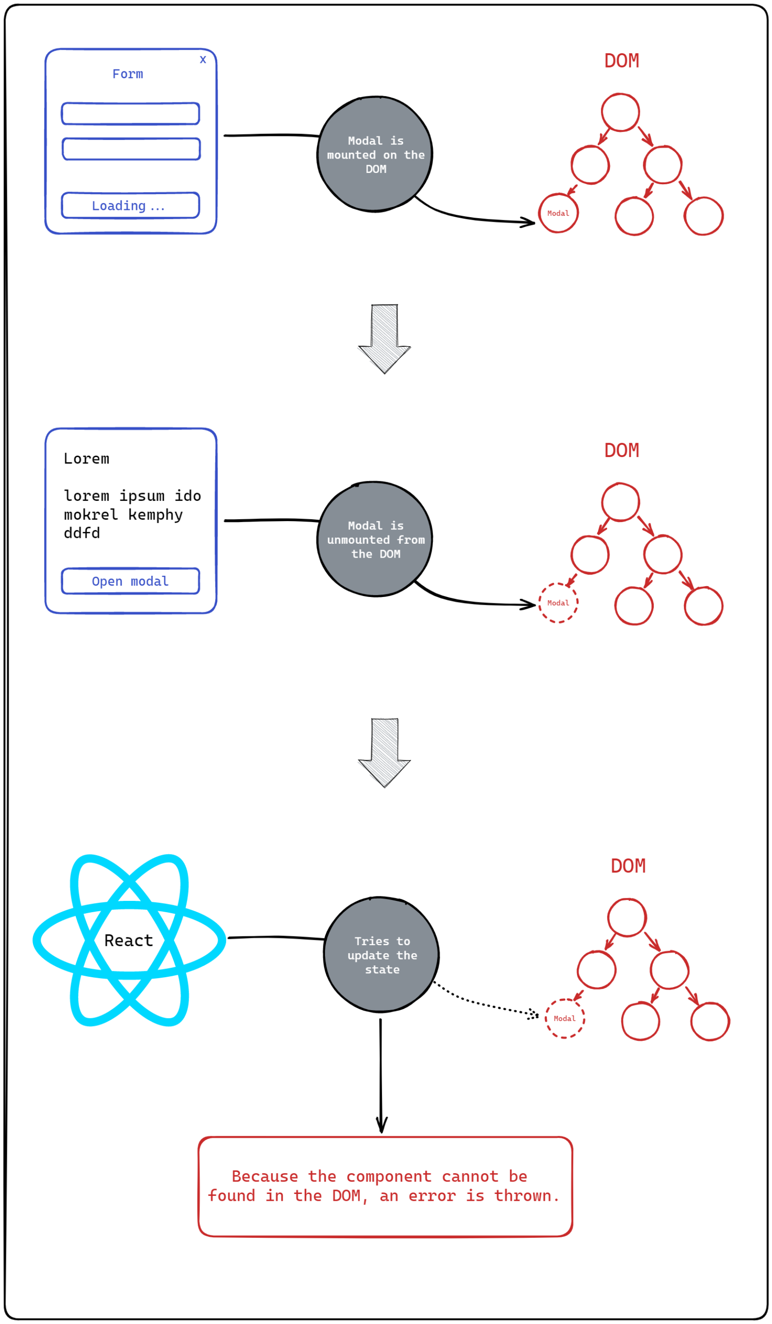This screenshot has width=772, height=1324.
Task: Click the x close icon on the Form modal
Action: coord(203,60)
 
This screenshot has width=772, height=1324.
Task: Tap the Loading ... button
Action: coord(130,205)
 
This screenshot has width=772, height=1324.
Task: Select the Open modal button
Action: coord(130,581)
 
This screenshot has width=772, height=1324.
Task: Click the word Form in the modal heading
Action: coord(128,74)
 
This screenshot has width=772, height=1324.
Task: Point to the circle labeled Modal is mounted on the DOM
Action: coord(375,155)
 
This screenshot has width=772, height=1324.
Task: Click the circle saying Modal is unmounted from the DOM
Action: coord(375,539)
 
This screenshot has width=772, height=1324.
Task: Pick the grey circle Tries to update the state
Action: coord(382,955)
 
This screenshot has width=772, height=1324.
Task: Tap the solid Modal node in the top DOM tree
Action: coord(558,213)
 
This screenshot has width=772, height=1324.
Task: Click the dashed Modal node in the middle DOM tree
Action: coord(558,602)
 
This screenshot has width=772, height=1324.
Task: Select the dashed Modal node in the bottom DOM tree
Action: coord(565,1018)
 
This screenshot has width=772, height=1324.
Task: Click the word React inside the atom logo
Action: coord(129,940)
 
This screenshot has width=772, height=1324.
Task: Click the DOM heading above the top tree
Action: coord(621,61)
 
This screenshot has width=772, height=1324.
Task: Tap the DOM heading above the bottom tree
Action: coord(628,866)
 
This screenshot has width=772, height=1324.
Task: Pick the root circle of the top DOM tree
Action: coord(620,112)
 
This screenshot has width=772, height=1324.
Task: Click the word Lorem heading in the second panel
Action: coord(87,459)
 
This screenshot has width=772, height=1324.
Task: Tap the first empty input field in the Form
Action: coord(130,113)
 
